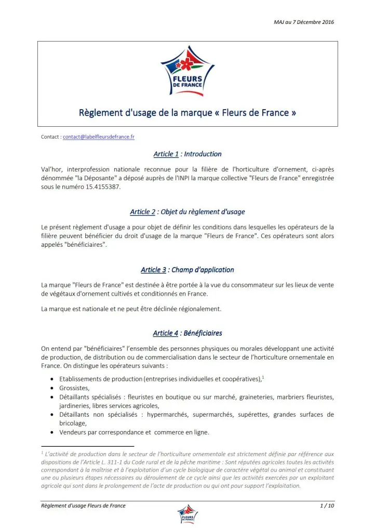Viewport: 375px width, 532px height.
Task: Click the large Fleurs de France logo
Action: (x=187, y=71)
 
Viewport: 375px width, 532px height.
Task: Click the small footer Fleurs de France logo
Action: (x=187, y=514)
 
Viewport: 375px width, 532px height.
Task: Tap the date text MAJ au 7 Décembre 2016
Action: (x=303, y=22)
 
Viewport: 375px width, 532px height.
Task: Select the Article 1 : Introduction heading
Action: (x=187, y=154)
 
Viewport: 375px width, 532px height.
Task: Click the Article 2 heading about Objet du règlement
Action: (x=187, y=212)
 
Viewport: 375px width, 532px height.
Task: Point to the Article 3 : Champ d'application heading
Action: (x=187, y=270)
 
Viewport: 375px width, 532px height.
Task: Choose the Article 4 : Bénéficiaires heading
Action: (x=187, y=333)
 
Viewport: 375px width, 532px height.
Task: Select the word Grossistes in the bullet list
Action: (x=75, y=388)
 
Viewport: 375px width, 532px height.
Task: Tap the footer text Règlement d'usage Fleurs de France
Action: (x=83, y=506)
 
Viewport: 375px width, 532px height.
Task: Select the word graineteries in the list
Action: (x=258, y=397)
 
